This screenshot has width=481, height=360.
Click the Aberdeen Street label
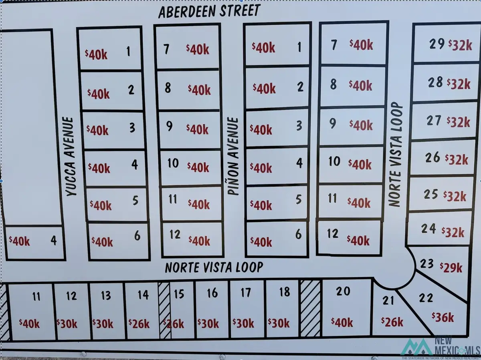pyautogui.click(x=209, y=11)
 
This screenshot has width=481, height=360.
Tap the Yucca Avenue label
pyautogui.click(x=71, y=157)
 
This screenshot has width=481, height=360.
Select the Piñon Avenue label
pyautogui.click(x=233, y=157)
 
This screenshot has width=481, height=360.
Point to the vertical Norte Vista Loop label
pyautogui.click(x=395, y=155)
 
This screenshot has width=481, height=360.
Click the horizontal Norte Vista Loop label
pyautogui.click(x=214, y=267)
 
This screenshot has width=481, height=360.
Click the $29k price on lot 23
pyautogui.click(x=451, y=267)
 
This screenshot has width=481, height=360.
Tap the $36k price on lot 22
pyautogui.click(x=443, y=317)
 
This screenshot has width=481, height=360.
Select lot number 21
pyautogui.click(x=388, y=300)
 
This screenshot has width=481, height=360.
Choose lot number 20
pyautogui.click(x=343, y=291)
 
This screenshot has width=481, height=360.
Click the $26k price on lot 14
pyautogui.click(x=139, y=324)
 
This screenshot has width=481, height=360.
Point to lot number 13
pyautogui.click(x=106, y=296)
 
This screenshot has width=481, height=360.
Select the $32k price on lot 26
pyautogui.click(x=456, y=159)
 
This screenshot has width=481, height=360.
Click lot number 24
pyautogui.click(x=428, y=229)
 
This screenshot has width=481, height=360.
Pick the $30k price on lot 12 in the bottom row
pyautogui.click(x=67, y=324)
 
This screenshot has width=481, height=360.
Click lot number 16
pyautogui.click(x=212, y=293)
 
